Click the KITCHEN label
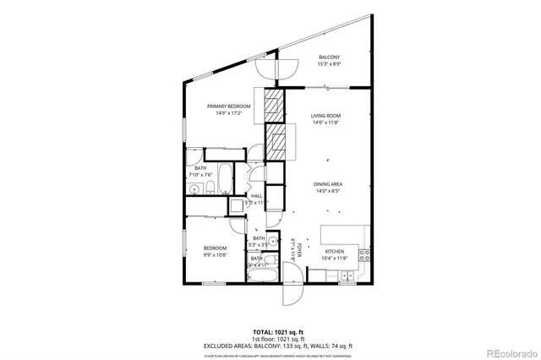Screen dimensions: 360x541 pyautogui.click(x=335, y=251)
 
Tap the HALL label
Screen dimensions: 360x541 pyautogui.click(x=256, y=196)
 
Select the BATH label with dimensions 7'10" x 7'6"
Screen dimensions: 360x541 pyautogui.click(x=200, y=168)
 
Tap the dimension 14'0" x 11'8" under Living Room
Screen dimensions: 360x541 pyautogui.click(x=325, y=123)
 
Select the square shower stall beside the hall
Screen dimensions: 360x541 pyautogui.click(x=236, y=207)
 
